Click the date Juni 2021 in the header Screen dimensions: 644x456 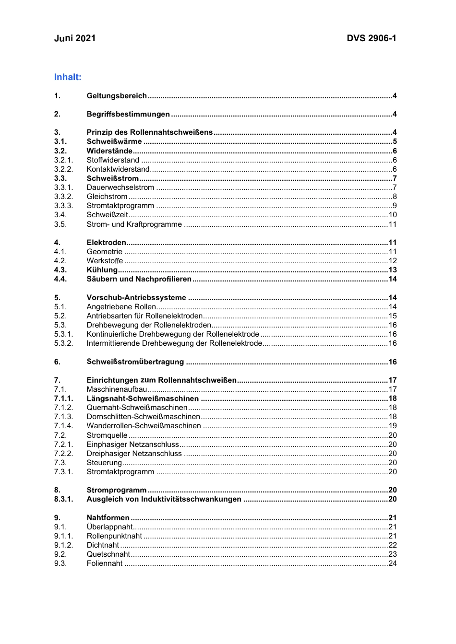(75, 38)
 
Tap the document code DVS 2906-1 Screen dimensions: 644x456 (372, 38)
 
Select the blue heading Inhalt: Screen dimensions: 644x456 (68, 77)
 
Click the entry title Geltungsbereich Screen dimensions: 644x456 (117, 96)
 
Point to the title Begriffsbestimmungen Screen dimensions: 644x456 (128, 114)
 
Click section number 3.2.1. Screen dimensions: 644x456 (63, 160)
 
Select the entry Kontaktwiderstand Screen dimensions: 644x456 (118, 169)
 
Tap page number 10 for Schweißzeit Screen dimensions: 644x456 (393, 215)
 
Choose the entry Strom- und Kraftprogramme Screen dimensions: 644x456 (134, 224)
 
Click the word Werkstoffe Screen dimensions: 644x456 (105, 261)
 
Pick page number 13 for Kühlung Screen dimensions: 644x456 (393, 270)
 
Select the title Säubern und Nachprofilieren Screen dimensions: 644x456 (139, 279)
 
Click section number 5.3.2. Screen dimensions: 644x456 (63, 343)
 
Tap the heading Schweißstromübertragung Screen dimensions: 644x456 (135, 362)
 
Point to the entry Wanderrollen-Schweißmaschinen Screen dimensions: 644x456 (144, 426)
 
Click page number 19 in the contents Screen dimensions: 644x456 (393, 426)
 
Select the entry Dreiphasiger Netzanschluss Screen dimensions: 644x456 (134, 454)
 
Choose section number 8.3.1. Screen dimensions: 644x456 (63, 499)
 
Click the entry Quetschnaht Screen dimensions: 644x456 (108, 554)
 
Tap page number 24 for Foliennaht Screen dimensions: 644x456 (393, 563)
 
